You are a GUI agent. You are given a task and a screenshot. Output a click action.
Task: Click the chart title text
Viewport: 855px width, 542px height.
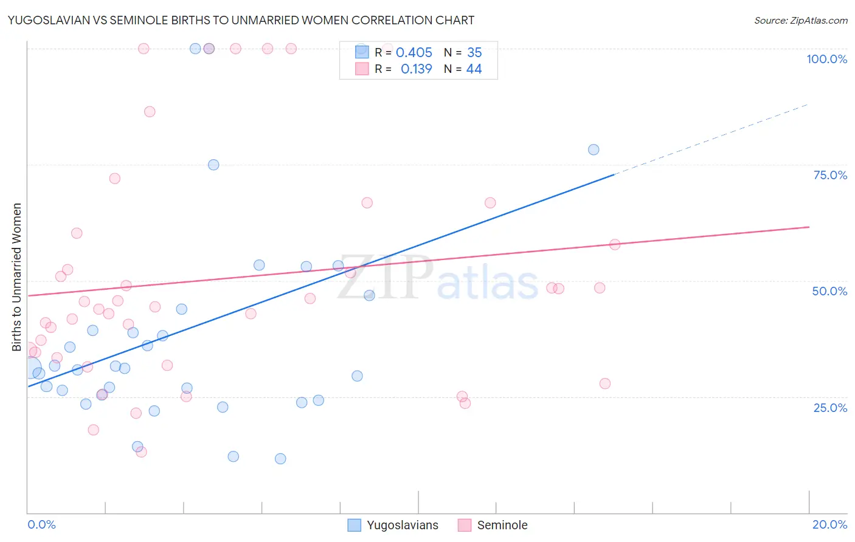coord(241,20)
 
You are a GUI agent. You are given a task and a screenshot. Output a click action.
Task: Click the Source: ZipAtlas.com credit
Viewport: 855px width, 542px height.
coord(800,20)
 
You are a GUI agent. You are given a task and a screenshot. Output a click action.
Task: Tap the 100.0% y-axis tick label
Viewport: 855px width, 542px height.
coord(826,59)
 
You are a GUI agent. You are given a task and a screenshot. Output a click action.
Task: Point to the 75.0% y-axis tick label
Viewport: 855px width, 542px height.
coord(830,175)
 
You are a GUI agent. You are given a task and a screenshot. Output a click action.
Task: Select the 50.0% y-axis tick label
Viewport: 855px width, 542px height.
coord(829,291)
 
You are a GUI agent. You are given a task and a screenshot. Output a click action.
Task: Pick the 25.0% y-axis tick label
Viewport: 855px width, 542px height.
coord(830,407)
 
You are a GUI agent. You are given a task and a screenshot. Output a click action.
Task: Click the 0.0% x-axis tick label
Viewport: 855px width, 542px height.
coord(41,524)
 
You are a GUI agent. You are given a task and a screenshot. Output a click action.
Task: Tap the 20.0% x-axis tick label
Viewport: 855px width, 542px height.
coord(829,524)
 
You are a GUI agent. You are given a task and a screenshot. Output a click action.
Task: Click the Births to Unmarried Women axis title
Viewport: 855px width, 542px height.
coord(16,277)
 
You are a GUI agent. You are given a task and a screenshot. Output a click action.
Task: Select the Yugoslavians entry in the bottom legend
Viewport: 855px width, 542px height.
coord(402,525)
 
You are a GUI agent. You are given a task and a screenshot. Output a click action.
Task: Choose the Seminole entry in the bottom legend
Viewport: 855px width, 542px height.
coord(502,525)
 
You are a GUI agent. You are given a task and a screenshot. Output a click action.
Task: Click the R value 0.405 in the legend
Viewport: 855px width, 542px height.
coord(414,53)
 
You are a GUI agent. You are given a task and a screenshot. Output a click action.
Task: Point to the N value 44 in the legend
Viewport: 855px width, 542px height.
coord(474,69)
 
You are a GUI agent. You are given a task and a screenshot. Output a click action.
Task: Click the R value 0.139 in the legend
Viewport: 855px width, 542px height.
coord(416,69)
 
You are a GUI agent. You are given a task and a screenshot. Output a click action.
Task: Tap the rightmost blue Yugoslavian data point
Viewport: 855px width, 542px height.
coord(594,149)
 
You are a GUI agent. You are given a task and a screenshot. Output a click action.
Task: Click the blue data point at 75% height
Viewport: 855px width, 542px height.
coord(213,165)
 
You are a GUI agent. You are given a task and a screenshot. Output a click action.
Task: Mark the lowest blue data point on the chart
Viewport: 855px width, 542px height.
coord(280,459)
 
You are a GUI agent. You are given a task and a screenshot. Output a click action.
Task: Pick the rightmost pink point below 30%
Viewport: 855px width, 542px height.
coord(604,383)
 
